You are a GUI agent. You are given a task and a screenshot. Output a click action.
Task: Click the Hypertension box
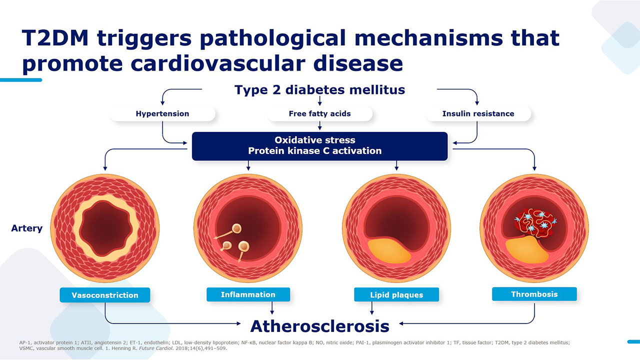(162, 113)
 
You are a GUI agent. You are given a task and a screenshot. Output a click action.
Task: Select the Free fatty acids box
(319, 113)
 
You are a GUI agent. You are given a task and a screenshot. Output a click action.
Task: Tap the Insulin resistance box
(478, 113)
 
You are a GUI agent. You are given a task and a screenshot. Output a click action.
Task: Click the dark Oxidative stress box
(319, 146)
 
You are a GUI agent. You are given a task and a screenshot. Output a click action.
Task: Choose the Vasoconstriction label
(105, 295)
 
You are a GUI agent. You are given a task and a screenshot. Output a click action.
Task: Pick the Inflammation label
(248, 294)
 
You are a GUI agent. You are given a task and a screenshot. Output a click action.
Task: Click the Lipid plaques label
(396, 294)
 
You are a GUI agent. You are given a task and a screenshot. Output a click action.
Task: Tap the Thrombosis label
(534, 294)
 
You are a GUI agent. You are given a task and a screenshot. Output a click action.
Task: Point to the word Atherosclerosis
(319, 326)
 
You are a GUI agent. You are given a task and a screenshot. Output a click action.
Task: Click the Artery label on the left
(27, 228)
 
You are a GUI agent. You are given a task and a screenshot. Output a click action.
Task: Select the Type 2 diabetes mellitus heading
(319, 89)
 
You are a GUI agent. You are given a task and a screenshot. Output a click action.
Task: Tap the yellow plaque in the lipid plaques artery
(389, 251)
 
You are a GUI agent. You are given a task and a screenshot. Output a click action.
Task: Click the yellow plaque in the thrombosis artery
(526, 249)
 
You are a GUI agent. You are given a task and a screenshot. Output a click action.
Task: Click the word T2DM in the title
(55, 38)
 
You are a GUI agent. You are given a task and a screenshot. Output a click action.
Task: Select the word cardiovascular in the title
(218, 63)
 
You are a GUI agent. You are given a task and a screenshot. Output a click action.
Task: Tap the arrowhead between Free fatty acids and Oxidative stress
(319, 128)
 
